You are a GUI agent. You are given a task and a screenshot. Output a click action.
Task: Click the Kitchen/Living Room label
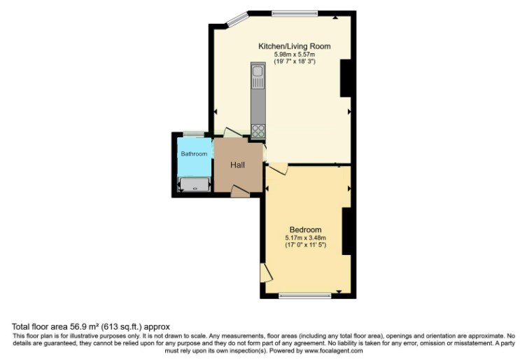(295, 46)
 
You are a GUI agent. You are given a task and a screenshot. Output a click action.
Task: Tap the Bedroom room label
(305, 230)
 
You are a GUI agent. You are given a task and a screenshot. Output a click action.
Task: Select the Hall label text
(237, 165)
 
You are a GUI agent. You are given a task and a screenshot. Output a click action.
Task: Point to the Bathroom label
(194, 154)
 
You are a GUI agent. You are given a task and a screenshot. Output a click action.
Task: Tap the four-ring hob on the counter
(258, 130)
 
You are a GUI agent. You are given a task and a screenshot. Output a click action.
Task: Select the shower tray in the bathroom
(195, 185)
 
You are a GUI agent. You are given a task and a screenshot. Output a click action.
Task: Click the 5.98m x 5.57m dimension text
(295, 55)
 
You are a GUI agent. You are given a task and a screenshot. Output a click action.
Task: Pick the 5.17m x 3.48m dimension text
(305, 238)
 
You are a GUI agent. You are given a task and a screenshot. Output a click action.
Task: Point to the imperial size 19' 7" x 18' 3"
(295, 62)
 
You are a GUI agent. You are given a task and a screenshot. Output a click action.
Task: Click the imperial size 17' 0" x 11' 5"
(305, 245)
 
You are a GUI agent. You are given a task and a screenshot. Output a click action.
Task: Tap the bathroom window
(194, 134)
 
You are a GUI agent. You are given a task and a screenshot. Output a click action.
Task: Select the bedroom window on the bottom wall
(304, 296)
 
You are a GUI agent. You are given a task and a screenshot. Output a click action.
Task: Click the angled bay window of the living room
(237, 19)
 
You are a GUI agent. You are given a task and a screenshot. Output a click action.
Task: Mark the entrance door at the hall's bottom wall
(240, 192)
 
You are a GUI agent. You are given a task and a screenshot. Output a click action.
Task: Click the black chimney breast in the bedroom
(346, 231)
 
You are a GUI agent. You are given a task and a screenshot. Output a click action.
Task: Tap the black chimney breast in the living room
(346, 78)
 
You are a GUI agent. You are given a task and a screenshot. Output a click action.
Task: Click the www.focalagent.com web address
(334, 350)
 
